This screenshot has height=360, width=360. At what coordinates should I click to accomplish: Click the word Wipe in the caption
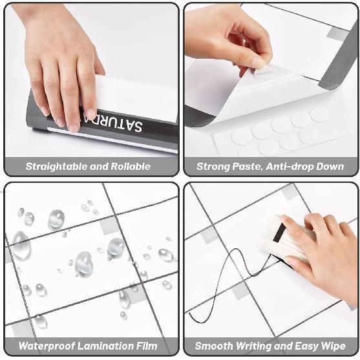332,346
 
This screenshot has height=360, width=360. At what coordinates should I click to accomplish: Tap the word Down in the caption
331,166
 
